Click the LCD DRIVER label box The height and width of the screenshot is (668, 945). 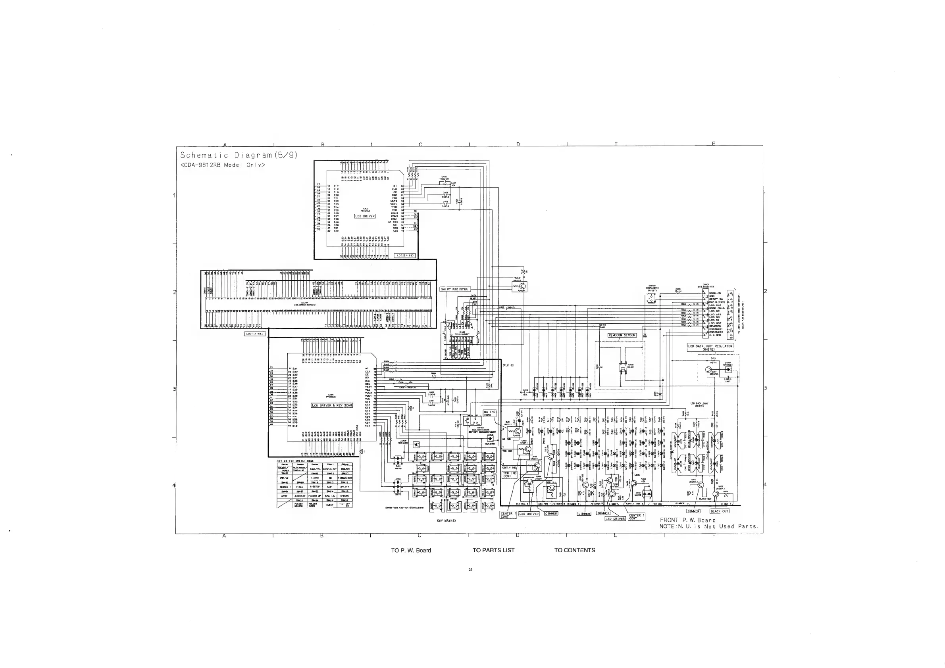pos(365,216)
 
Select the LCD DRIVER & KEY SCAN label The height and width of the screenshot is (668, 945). pos(332,405)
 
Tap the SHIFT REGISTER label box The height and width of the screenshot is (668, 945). pos(454,289)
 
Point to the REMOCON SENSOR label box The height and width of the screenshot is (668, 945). pos(622,335)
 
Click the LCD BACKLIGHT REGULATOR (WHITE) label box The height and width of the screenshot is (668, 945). pos(710,347)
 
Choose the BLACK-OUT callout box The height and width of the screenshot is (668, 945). pos(720,511)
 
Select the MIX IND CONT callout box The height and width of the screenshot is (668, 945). pos(490,413)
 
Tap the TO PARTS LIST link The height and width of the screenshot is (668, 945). pos(493,550)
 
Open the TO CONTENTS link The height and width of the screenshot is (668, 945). pos(575,550)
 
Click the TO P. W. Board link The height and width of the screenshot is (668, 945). pos(411,550)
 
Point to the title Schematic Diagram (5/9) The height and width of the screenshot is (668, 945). pos(239,155)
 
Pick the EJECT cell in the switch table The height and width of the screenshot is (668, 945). pos(330,505)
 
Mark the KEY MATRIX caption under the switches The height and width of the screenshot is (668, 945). pos(446,521)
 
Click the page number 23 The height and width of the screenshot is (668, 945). pos(470,570)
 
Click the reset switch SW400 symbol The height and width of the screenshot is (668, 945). pos(651,299)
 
